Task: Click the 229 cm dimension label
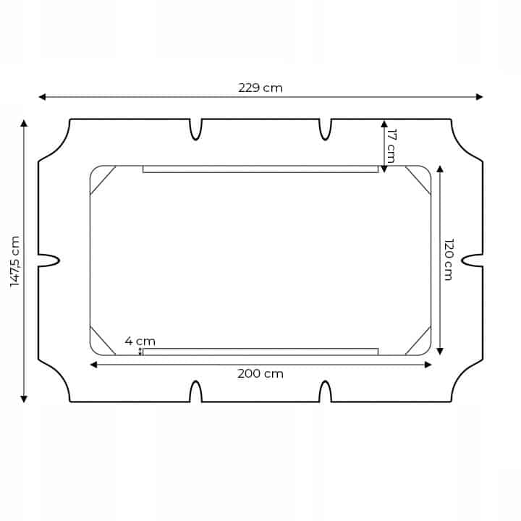click(x=260, y=88)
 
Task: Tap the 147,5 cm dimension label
click(x=15, y=261)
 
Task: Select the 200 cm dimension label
click(x=260, y=374)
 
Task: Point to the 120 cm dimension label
click(x=449, y=260)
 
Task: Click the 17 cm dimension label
click(x=391, y=146)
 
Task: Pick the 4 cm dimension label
click(x=140, y=342)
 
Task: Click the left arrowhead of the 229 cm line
click(x=42, y=97)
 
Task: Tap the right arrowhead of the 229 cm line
click(x=479, y=97)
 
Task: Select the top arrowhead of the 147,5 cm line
click(x=24, y=123)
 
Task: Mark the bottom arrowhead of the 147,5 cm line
click(x=24, y=399)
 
